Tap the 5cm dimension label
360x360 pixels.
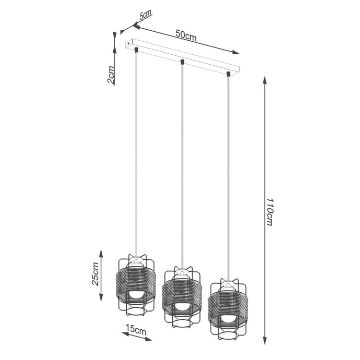point(144,15)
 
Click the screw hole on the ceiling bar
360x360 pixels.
point(128,43)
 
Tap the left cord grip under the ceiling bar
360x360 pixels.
point(137,49)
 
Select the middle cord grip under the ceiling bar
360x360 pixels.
point(182,61)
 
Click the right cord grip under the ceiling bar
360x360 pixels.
point(228,74)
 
